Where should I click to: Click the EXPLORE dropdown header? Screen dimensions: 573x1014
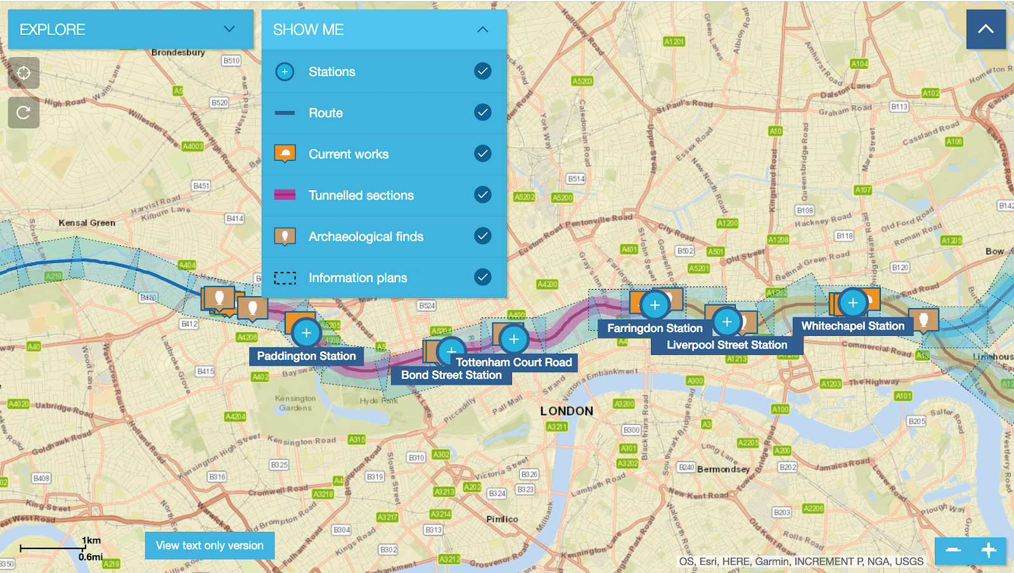click(130, 29)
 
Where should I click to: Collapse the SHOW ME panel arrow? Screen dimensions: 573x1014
click(482, 29)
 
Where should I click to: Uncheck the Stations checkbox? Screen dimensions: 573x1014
click(482, 71)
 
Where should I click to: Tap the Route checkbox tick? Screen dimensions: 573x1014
click(482, 112)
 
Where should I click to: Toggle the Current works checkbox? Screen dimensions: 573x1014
click(482, 153)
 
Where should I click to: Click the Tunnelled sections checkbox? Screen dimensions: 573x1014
click(482, 195)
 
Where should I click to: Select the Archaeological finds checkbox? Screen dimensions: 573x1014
click(482, 236)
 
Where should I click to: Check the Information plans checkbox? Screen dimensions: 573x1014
click(482, 277)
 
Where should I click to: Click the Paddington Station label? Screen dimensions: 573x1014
click(306, 356)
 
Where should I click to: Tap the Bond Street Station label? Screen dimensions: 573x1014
click(451, 375)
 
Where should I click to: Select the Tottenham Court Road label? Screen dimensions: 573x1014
click(513, 362)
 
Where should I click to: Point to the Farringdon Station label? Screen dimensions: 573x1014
click(655, 328)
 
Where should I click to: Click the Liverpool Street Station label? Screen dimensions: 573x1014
click(727, 345)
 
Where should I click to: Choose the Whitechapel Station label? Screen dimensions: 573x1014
click(852, 326)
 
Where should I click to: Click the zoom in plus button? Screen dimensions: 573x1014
click(989, 550)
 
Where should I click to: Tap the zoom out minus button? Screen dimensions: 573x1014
click(953, 550)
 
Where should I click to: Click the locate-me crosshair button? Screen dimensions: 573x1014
click(23, 73)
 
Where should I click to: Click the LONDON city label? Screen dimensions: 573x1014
click(567, 411)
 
